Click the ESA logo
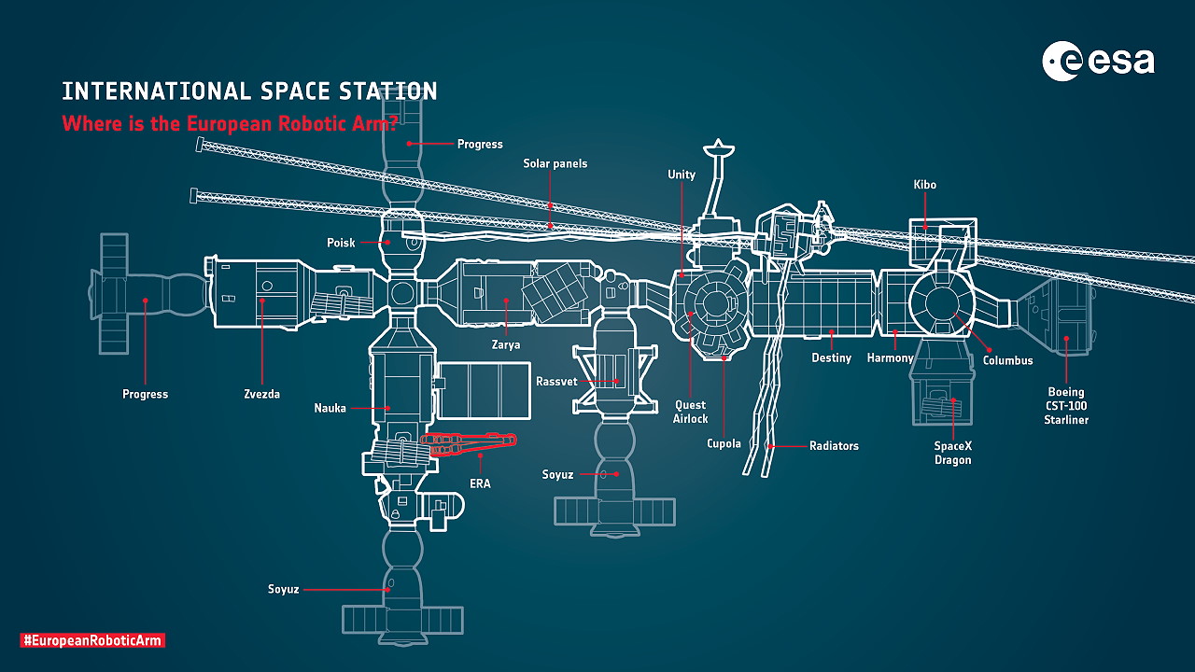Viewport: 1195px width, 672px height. click(1098, 62)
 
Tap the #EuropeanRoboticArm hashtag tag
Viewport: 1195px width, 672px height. click(92, 640)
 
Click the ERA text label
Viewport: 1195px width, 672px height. click(480, 483)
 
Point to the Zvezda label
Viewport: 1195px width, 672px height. click(261, 394)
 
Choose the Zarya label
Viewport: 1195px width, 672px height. click(505, 344)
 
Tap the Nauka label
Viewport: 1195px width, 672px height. click(330, 408)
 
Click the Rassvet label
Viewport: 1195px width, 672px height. click(556, 382)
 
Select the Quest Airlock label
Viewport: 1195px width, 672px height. click(691, 412)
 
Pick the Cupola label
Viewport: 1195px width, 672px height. click(724, 443)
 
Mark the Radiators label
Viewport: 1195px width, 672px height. click(834, 446)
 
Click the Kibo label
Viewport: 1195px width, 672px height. click(924, 185)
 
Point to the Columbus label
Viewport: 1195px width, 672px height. click(1007, 360)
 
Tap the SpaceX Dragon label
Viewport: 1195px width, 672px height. click(952, 453)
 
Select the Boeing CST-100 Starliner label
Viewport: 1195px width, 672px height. click(1066, 406)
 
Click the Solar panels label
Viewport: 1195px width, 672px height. click(555, 163)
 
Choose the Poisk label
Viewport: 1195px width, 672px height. click(341, 243)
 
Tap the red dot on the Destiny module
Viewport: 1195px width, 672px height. click(831, 332)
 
